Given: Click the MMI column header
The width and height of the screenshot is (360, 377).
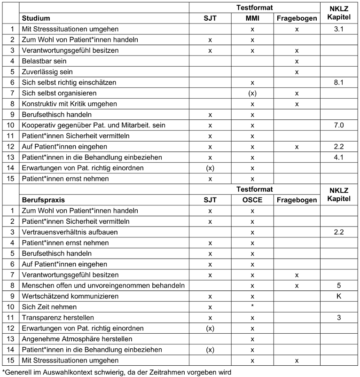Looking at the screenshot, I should coord(252,18).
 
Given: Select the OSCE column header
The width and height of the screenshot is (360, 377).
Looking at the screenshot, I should coord(252,200).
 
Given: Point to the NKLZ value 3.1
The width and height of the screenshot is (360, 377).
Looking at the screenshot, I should coord(338,29).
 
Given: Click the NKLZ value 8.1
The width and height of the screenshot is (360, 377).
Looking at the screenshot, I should coord(338,82).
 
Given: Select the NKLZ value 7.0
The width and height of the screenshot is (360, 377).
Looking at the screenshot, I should coord(338,125).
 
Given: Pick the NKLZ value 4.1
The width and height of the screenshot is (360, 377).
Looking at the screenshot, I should coord(338,157).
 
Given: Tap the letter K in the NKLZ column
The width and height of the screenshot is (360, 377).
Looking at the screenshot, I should coord(338,296).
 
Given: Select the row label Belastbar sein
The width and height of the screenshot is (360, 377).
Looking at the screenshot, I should coord(45,61).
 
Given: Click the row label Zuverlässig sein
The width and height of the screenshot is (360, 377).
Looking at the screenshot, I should coord(46,72).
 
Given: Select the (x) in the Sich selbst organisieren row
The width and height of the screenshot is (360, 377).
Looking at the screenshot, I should coord(252,93).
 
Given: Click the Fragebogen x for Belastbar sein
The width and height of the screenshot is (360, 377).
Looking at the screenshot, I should coord(297,61).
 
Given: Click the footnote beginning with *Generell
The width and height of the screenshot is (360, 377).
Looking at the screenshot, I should coord(117,371).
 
